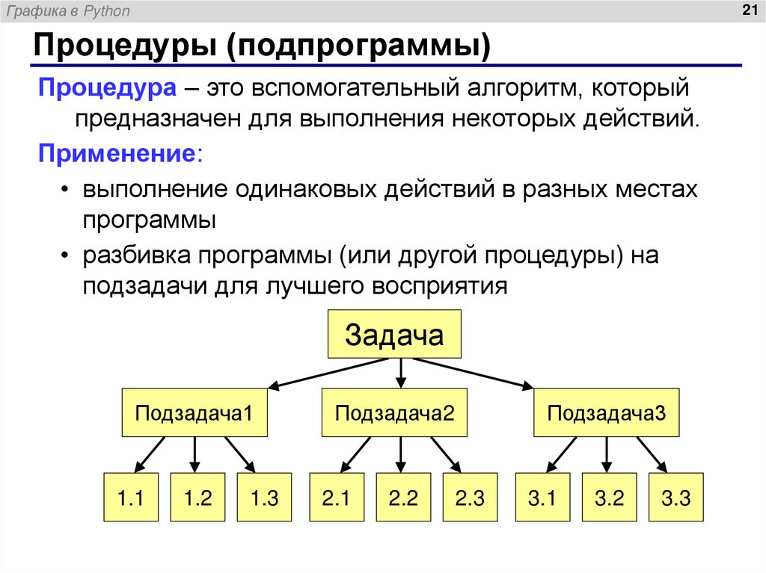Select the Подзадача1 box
(x=194, y=412)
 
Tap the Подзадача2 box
(x=394, y=412)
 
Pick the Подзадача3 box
(x=606, y=412)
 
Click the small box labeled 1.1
(x=130, y=498)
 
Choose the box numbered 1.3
(x=263, y=498)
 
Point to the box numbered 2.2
(x=402, y=498)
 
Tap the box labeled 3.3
(x=675, y=498)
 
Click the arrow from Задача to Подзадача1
(x=329, y=373)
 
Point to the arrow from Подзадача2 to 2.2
(x=402, y=454)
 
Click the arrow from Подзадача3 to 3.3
(x=647, y=454)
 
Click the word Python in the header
(x=107, y=11)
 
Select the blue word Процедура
(x=107, y=89)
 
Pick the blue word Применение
(x=119, y=155)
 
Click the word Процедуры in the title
(x=124, y=48)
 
